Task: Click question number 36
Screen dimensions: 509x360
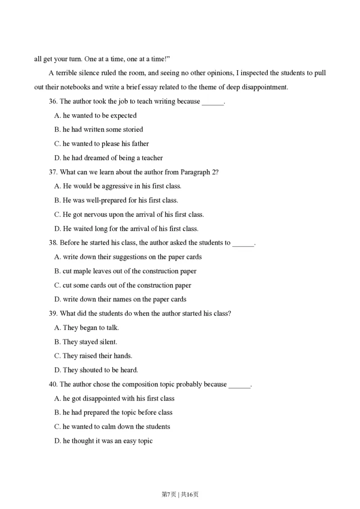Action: pos(53,102)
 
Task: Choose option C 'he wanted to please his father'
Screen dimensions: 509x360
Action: pos(101,144)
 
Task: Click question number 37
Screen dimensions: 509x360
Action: pos(53,172)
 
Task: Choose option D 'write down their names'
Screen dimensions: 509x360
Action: pos(120,299)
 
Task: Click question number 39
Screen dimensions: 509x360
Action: pos(53,313)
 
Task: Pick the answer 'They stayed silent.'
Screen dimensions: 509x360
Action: pos(85,342)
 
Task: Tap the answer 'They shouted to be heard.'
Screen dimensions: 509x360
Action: pos(96,370)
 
